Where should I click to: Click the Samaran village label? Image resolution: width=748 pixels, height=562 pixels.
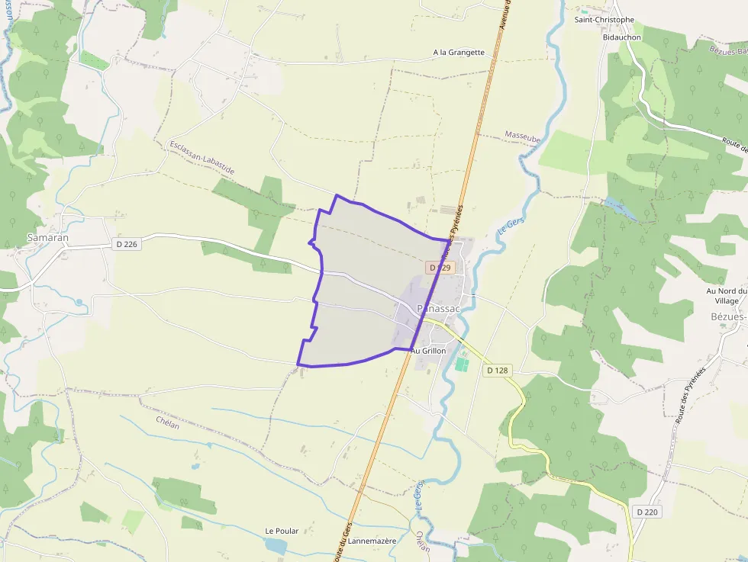pos(48,237)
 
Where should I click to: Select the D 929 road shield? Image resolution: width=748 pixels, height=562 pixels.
pos(441,268)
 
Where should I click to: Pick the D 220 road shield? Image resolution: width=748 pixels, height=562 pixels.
pos(646,512)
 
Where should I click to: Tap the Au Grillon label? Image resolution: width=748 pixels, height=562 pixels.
pos(428,351)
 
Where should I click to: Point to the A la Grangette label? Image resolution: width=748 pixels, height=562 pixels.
pos(459,53)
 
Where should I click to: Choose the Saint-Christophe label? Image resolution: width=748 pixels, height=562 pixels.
pos(605,20)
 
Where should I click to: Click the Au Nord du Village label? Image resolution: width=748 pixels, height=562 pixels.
pos(725,296)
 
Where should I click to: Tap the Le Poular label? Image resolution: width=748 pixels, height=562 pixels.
pos(282,531)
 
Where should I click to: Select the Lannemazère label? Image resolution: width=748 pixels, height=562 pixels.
pos(372,541)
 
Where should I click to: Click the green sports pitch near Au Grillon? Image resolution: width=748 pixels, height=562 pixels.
pos(461,364)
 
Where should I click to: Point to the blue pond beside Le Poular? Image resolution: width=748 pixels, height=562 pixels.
pos(276,546)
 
